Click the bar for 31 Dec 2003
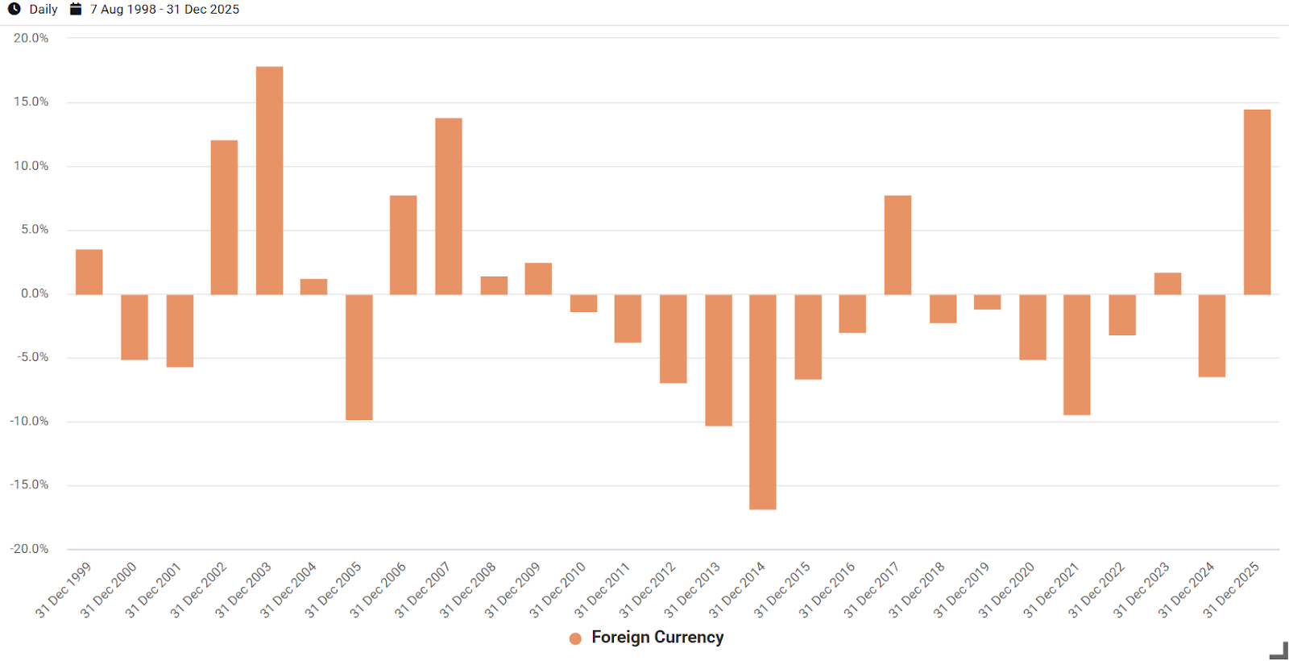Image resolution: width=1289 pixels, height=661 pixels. tap(269, 181)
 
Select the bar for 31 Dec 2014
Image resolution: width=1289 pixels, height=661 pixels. tap(762, 401)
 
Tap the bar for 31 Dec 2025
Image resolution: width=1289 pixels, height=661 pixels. tap(1257, 202)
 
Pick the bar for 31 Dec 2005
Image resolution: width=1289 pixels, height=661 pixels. tap(359, 357)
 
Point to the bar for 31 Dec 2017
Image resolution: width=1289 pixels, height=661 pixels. tap(897, 245)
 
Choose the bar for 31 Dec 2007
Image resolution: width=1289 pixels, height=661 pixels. tap(449, 206)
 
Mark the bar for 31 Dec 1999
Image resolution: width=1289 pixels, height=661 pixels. tap(89, 272)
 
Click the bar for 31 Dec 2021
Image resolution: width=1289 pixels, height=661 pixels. tap(1076, 355)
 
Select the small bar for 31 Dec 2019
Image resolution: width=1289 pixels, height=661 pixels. tap(987, 302)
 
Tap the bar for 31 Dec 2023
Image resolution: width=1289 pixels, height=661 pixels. tap(1167, 284)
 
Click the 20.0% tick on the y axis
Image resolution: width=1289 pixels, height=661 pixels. tap(31, 38)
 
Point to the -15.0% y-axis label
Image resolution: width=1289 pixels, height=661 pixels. tap(29, 484)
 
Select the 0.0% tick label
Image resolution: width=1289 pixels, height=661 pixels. tap(35, 293)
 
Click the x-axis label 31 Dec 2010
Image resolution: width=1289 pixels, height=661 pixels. tap(557, 591)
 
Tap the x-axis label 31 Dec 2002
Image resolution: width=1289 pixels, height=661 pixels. tap(198, 591)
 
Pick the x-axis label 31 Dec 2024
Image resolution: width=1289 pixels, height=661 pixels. tap(1186, 591)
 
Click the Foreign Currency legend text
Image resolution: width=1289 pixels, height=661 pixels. tap(657, 638)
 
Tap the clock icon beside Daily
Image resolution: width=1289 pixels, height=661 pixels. tap(15, 9)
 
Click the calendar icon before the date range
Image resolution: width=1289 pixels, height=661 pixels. tap(76, 9)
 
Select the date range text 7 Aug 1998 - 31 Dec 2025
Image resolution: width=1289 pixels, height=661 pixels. tap(164, 9)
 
